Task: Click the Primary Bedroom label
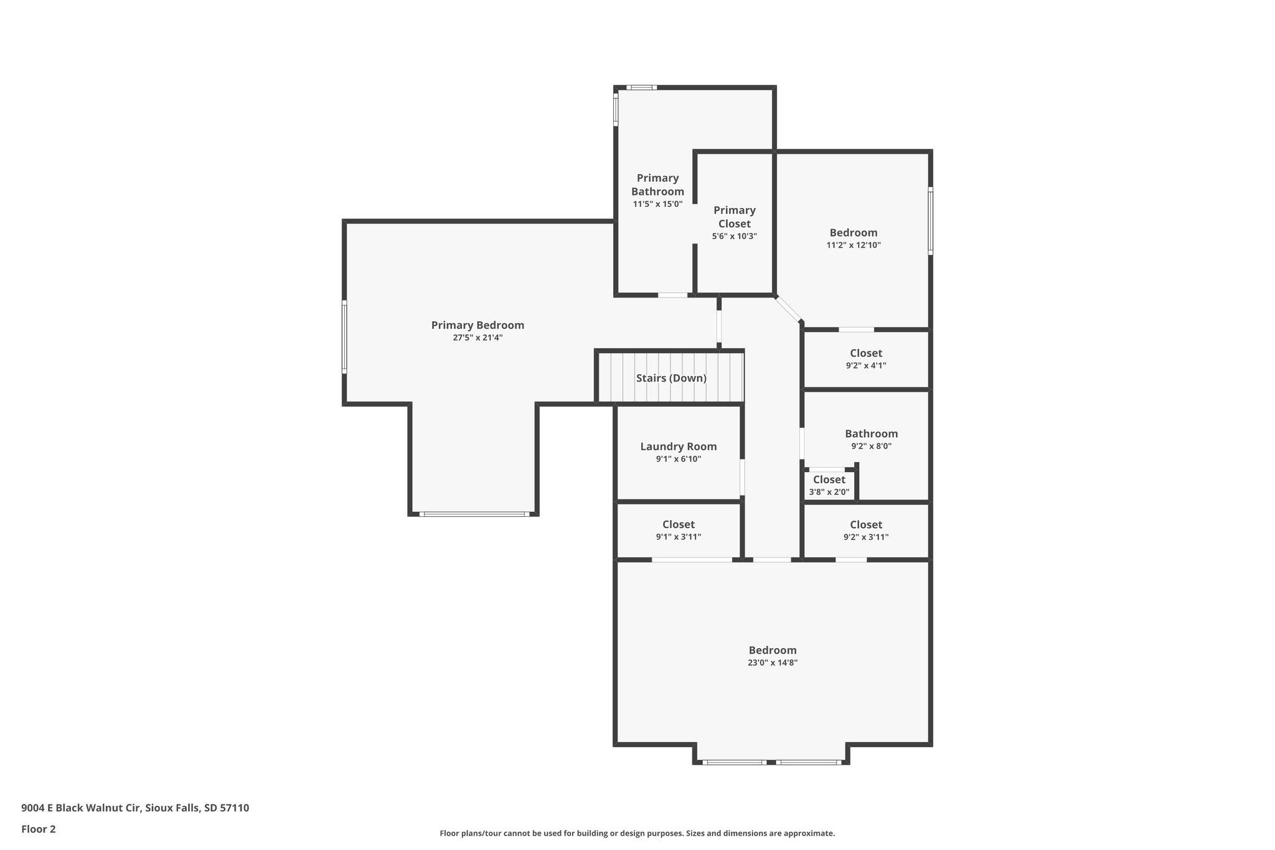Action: click(x=478, y=325)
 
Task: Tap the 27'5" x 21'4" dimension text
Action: click(x=478, y=338)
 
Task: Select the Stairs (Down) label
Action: click(x=671, y=378)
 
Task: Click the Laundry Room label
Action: click(x=679, y=446)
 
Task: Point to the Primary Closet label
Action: click(x=735, y=217)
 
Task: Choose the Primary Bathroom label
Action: click(x=657, y=184)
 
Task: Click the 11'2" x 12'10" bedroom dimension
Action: click(x=854, y=245)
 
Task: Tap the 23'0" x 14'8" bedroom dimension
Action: click(x=773, y=663)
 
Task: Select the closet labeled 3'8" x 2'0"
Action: click(x=829, y=485)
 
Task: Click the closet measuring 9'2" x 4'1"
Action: click(x=866, y=359)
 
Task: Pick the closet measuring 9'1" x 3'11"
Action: click(x=679, y=530)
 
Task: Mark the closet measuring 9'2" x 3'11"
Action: click(x=866, y=530)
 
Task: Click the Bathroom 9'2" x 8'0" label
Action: click(x=872, y=439)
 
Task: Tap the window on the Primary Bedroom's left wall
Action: click(x=344, y=338)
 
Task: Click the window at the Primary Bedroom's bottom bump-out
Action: click(x=474, y=514)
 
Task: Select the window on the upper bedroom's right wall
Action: click(x=931, y=221)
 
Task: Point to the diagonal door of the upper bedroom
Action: click(x=788, y=309)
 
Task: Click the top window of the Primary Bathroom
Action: click(x=641, y=88)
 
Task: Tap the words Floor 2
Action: click(x=39, y=829)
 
